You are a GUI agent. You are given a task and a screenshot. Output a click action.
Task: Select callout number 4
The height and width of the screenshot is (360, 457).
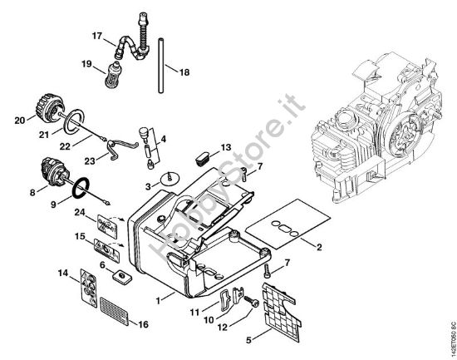point(163,139)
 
